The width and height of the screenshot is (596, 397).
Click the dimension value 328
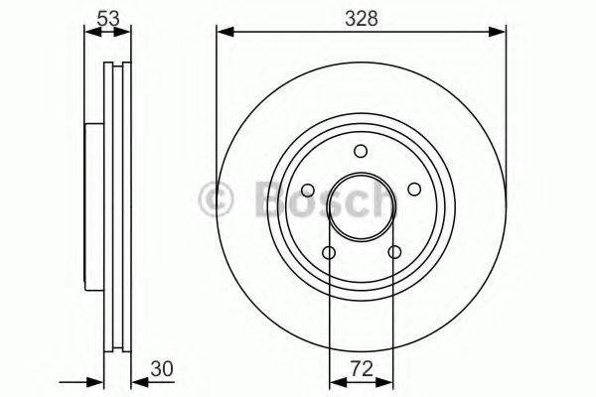(362, 17)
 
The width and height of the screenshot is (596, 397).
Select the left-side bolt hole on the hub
(307, 190)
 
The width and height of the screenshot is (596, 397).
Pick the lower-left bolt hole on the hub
(329, 252)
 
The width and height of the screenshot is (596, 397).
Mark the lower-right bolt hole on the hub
(395, 252)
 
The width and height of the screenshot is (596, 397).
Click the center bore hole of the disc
(362, 207)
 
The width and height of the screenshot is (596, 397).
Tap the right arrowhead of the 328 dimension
(502, 34)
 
